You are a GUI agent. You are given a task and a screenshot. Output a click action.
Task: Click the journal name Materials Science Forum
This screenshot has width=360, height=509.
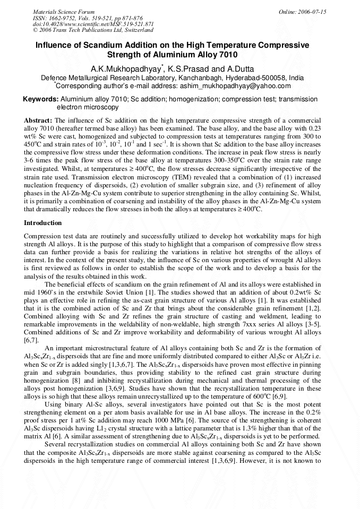(64, 12)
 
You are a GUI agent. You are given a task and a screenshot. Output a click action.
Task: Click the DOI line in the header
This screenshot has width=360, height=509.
(93, 24)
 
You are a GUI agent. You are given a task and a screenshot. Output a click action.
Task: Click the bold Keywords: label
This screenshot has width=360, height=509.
(40, 99)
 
